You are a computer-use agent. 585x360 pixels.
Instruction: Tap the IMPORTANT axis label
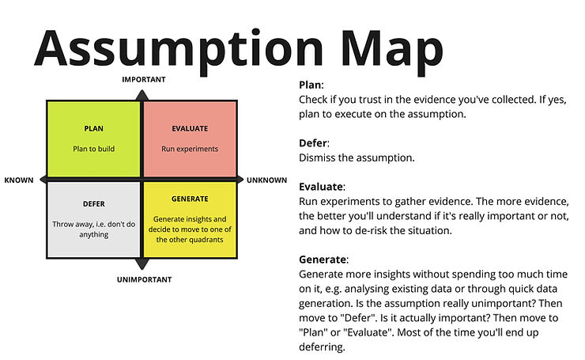pos(143,80)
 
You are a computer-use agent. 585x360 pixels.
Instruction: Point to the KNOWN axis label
pos(19,180)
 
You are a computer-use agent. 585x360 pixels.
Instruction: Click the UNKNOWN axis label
pos(266,180)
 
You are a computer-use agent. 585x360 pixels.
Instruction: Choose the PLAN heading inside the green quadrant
pos(93,128)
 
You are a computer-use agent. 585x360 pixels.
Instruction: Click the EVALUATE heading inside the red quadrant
pos(190,128)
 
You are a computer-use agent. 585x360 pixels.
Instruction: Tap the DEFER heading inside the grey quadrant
pos(93,204)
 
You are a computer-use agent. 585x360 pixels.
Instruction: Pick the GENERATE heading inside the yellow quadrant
pos(190,199)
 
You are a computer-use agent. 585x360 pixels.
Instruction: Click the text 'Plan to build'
pos(93,148)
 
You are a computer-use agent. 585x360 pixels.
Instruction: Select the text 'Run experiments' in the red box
pos(190,148)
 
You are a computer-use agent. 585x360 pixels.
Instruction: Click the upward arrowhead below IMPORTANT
pos(142,94)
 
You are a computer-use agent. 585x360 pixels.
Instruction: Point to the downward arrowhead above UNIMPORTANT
pos(142,265)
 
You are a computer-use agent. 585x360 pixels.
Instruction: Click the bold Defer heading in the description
pos(313,143)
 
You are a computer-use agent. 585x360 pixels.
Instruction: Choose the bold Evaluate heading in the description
pos(321,187)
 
